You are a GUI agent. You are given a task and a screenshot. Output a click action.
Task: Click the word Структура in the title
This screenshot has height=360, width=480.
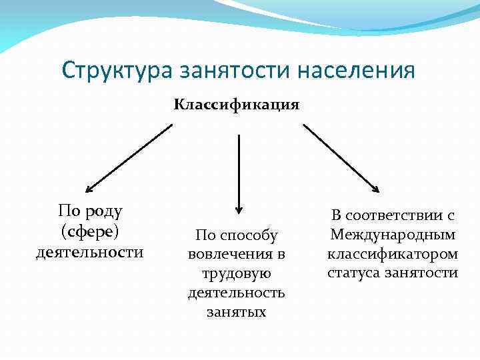[114, 70]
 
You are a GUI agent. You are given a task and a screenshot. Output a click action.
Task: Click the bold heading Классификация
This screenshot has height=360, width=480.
[237, 105]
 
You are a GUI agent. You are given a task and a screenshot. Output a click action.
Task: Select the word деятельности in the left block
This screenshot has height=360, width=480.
[89, 252]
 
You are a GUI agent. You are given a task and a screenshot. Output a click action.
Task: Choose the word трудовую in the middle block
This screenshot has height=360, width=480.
[236, 273]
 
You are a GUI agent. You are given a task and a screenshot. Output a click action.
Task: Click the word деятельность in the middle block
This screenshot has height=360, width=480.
[236, 293]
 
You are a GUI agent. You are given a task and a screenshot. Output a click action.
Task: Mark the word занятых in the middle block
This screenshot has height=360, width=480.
[236, 312]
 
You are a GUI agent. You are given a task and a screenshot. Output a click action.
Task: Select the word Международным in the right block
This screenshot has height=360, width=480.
[393, 235]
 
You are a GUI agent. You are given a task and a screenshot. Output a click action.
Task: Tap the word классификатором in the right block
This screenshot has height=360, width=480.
[393, 254]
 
